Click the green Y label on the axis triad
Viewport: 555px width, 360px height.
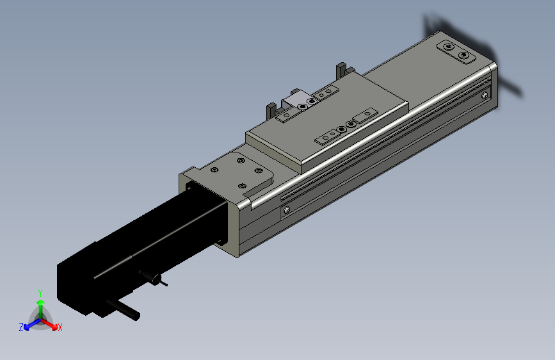point(40,293)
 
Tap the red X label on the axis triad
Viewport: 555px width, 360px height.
point(60,328)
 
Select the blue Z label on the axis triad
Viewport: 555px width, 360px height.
point(21,327)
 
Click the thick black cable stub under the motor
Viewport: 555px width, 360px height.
point(123,309)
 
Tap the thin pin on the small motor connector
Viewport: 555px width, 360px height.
point(163,283)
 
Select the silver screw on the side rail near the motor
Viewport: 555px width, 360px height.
point(287,210)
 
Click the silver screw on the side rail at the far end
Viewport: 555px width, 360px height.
point(485,95)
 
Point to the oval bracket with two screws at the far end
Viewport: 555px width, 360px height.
point(456,52)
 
